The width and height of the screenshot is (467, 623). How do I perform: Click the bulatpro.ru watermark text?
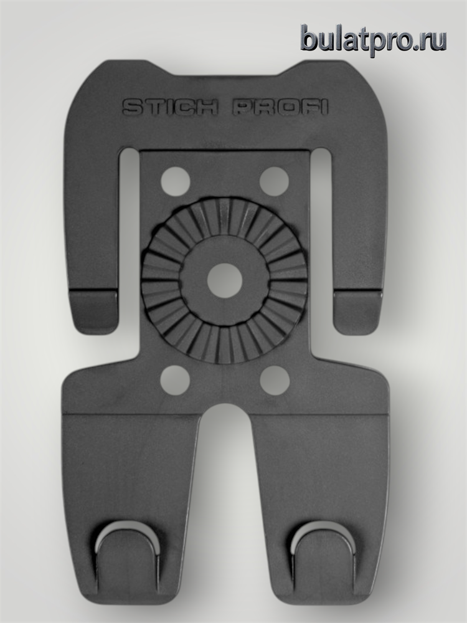373,40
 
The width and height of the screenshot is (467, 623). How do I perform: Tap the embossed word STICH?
171,107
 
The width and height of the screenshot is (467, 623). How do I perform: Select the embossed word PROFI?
280,107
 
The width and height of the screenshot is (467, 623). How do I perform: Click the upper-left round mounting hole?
175,181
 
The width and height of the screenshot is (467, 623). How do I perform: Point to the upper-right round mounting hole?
275,181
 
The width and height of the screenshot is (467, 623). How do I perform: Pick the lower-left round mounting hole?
175,380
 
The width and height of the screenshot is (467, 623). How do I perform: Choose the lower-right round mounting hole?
275,380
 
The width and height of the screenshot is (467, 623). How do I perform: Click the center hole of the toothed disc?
225,280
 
